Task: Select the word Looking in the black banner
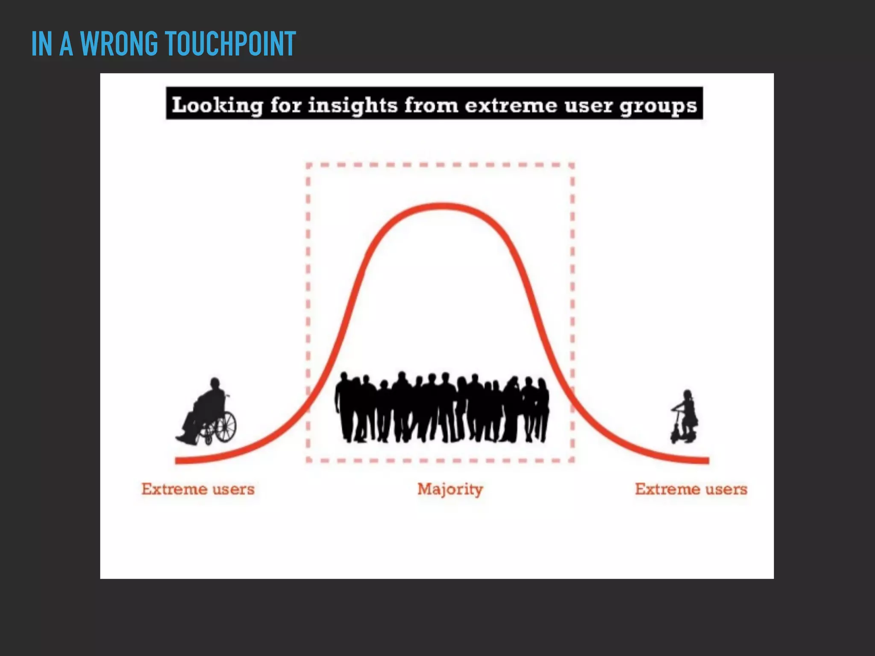217,105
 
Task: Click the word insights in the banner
353,105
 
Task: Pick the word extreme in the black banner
511,105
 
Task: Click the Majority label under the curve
450,489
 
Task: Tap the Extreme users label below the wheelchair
198,489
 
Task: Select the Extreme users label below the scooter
691,489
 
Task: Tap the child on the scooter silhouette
685,417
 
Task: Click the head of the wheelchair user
215,383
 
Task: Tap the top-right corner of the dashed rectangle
573,165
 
